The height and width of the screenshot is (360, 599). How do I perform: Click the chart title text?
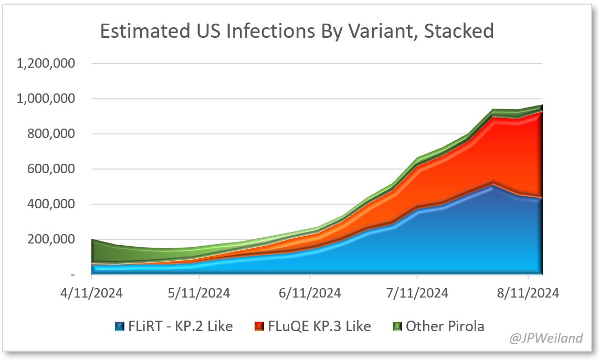[297, 31]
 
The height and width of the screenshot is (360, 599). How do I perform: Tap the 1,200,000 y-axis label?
[46, 63]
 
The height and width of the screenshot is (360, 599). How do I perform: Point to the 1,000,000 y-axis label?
[46, 99]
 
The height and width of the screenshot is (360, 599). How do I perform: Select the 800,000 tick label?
[51, 134]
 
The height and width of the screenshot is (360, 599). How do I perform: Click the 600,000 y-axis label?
[51, 169]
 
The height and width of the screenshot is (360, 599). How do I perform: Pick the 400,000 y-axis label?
[51, 204]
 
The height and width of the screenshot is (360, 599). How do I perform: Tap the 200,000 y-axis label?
[51, 239]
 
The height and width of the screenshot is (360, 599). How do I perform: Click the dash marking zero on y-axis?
[72, 275]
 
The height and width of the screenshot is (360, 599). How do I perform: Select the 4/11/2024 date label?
[92, 293]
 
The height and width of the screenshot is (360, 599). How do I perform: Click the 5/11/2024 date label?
[199, 293]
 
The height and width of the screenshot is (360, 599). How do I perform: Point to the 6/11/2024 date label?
[310, 293]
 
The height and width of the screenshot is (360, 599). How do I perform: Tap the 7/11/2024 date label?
[417, 293]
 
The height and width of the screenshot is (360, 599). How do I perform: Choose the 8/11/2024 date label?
[528, 293]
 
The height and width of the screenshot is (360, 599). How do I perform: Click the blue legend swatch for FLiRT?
[120, 326]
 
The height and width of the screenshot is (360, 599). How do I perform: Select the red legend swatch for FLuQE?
[259, 326]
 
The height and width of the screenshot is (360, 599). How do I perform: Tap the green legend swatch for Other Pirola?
[397, 326]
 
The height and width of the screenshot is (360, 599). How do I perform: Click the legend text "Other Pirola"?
[445, 326]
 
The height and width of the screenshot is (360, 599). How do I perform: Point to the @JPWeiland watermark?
[546, 338]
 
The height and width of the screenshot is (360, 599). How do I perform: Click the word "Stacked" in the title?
[459, 31]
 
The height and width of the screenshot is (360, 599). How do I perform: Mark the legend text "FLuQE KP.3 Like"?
[319, 326]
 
